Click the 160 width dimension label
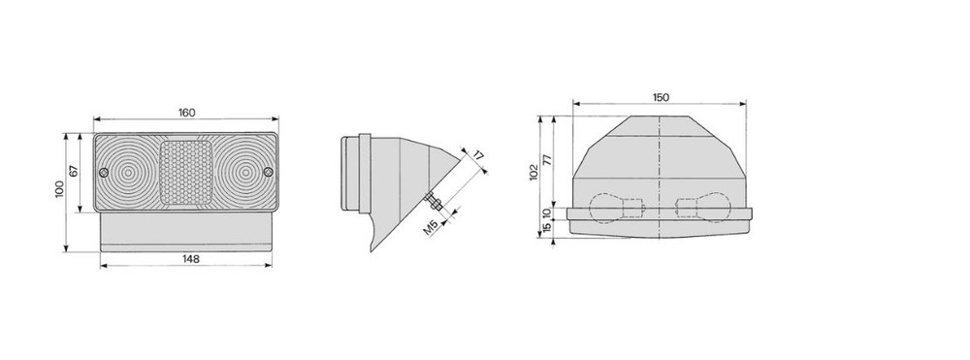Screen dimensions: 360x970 185,113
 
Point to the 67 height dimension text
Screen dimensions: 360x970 75,172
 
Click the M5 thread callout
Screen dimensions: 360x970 432,229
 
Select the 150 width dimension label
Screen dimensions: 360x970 660,97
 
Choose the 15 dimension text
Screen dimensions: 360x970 547,227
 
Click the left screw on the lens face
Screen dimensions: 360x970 104,173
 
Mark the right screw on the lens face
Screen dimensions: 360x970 268,173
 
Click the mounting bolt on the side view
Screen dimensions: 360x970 433,204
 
